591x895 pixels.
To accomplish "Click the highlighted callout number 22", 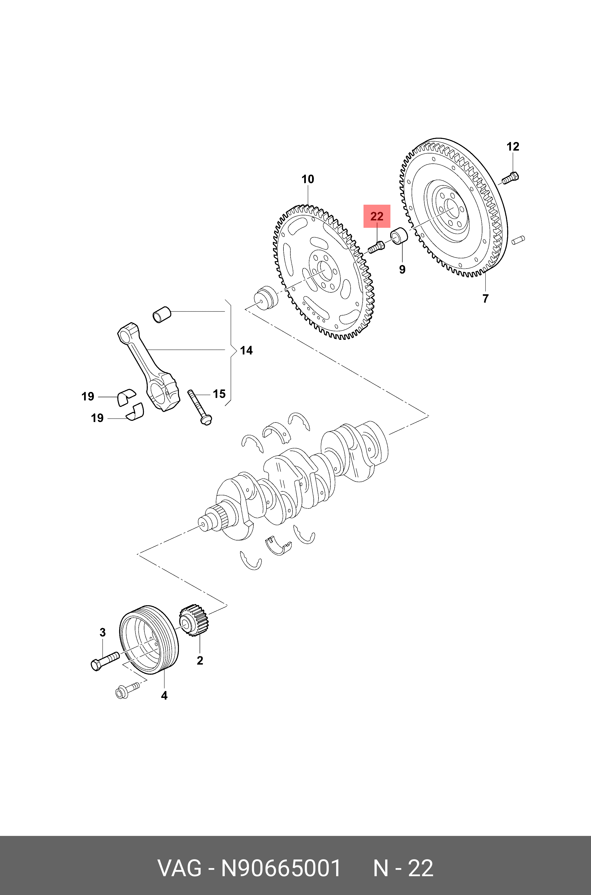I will click(377, 216).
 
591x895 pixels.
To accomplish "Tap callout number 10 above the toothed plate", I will click(308, 179).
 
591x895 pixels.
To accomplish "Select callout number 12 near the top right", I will click(513, 147).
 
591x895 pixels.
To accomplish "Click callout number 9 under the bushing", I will click(402, 269).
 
